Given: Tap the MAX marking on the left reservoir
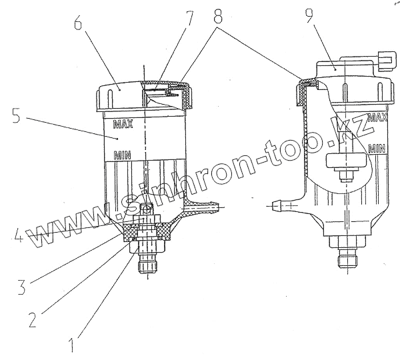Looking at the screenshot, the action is [x=123, y=123].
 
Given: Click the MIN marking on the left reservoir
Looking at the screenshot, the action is [x=122, y=156].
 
